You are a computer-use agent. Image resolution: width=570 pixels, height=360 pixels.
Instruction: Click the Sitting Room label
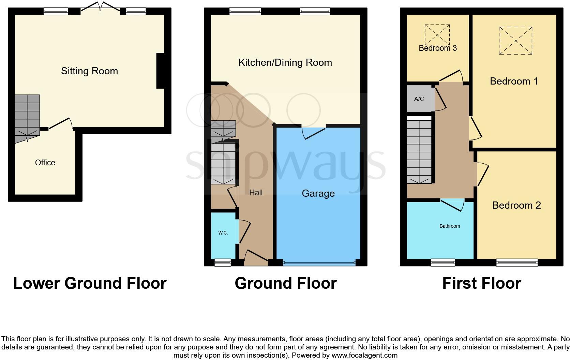click(x=89, y=71)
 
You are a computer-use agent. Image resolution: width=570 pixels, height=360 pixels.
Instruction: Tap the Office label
click(x=45, y=163)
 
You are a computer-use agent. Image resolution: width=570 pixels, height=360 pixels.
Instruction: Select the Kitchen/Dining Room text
click(x=285, y=62)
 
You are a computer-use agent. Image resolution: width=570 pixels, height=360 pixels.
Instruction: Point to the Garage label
click(x=318, y=193)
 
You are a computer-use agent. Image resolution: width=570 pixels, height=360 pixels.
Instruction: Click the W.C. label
click(x=223, y=233)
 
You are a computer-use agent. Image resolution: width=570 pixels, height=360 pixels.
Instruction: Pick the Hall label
click(x=256, y=193)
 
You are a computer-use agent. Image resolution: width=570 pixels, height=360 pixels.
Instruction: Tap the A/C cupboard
click(x=419, y=99)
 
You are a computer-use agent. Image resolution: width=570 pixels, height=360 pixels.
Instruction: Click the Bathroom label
click(x=450, y=226)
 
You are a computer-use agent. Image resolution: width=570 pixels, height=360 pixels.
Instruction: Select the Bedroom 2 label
click(x=516, y=205)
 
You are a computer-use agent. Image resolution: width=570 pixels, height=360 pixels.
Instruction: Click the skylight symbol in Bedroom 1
click(x=516, y=41)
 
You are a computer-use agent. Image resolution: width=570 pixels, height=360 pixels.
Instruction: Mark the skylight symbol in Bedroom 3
click(x=437, y=34)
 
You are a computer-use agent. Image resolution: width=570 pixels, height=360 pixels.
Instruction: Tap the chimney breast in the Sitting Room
click(x=160, y=71)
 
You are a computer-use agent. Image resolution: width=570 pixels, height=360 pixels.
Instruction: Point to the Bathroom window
click(x=442, y=262)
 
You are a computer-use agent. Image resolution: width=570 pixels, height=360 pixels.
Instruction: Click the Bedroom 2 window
click(x=517, y=262)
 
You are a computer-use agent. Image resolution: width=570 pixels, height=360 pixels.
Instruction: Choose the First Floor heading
click(x=481, y=283)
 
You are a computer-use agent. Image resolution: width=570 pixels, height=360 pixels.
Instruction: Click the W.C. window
click(x=223, y=262)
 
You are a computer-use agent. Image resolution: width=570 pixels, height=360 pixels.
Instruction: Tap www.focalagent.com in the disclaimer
click(x=364, y=355)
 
